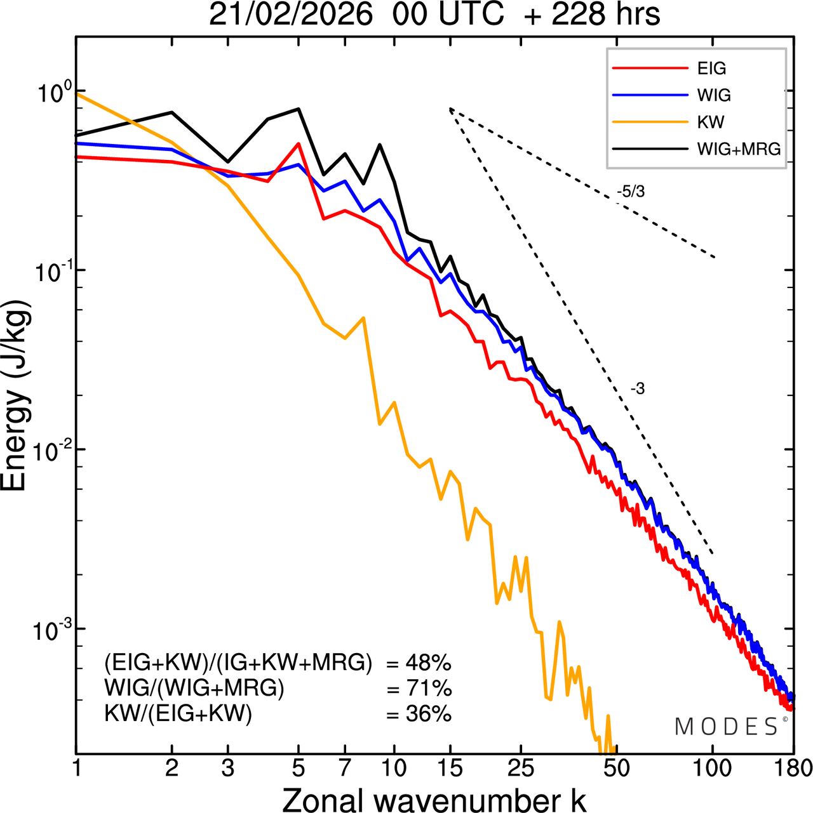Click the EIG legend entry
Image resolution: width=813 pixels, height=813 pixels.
[711, 69]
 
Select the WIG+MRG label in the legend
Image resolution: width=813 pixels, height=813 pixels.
[739, 149]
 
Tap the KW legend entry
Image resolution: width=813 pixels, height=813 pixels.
[710, 122]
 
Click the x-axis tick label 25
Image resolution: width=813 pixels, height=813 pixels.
[521, 769]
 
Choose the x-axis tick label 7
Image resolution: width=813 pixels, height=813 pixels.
[345, 769]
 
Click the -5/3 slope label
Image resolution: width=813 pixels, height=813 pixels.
[631, 191]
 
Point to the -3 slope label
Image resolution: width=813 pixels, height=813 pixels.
[638, 389]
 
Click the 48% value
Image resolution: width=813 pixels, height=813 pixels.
[428, 664]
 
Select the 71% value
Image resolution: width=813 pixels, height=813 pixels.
[428, 689]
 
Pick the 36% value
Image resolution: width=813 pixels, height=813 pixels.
[428, 714]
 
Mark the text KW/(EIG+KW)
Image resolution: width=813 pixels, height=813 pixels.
[178, 714]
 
